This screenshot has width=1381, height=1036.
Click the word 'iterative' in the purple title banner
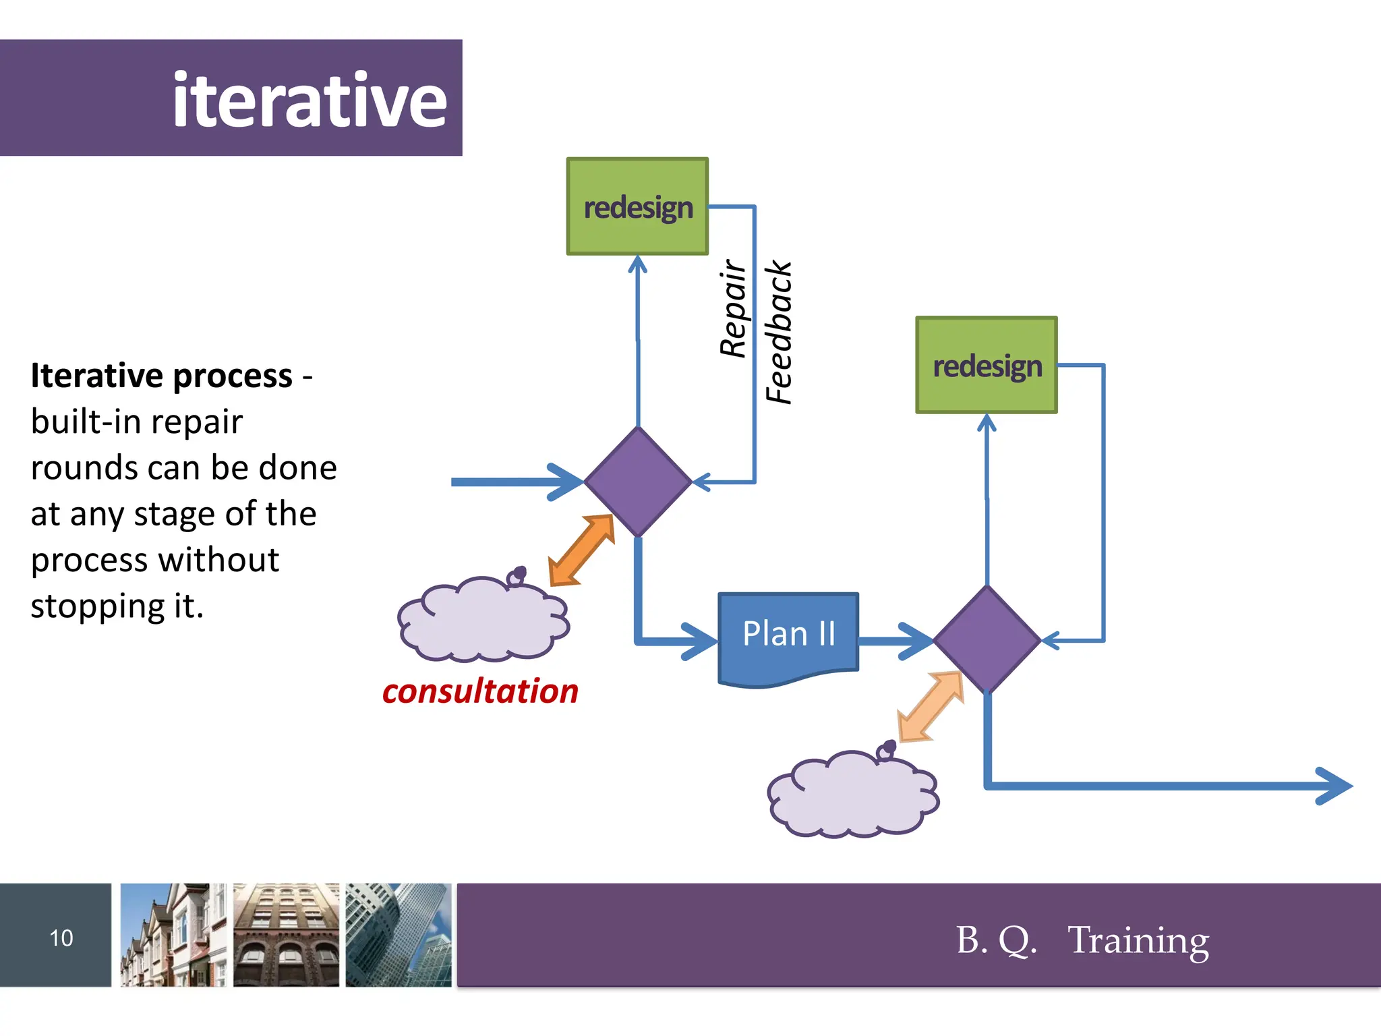pos(310,100)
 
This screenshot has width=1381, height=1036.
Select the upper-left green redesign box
pos(637,206)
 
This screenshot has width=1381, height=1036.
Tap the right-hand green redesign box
pos(986,365)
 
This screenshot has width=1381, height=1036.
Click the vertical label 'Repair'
pos(733,308)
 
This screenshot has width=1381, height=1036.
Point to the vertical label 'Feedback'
pos(779,333)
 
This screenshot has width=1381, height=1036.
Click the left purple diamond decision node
pos(637,482)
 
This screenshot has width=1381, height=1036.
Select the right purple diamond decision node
pos(987,639)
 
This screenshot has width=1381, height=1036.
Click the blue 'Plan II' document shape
pos(788,634)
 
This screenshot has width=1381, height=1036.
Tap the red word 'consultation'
pos(480,691)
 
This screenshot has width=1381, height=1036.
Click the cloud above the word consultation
pos(483,620)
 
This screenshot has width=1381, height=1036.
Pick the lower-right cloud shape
pos(852,795)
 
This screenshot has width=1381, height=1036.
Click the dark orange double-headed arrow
pos(582,550)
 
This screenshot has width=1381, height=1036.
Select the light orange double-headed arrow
pos(931,707)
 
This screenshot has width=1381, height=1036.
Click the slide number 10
pos(61,938)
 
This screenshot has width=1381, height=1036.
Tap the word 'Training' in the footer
pos(1138,940)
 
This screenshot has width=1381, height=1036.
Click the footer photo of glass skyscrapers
pos(399,935)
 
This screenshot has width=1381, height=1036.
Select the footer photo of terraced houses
pos(173,935)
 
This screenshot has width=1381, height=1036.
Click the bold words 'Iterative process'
pos(162,376)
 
